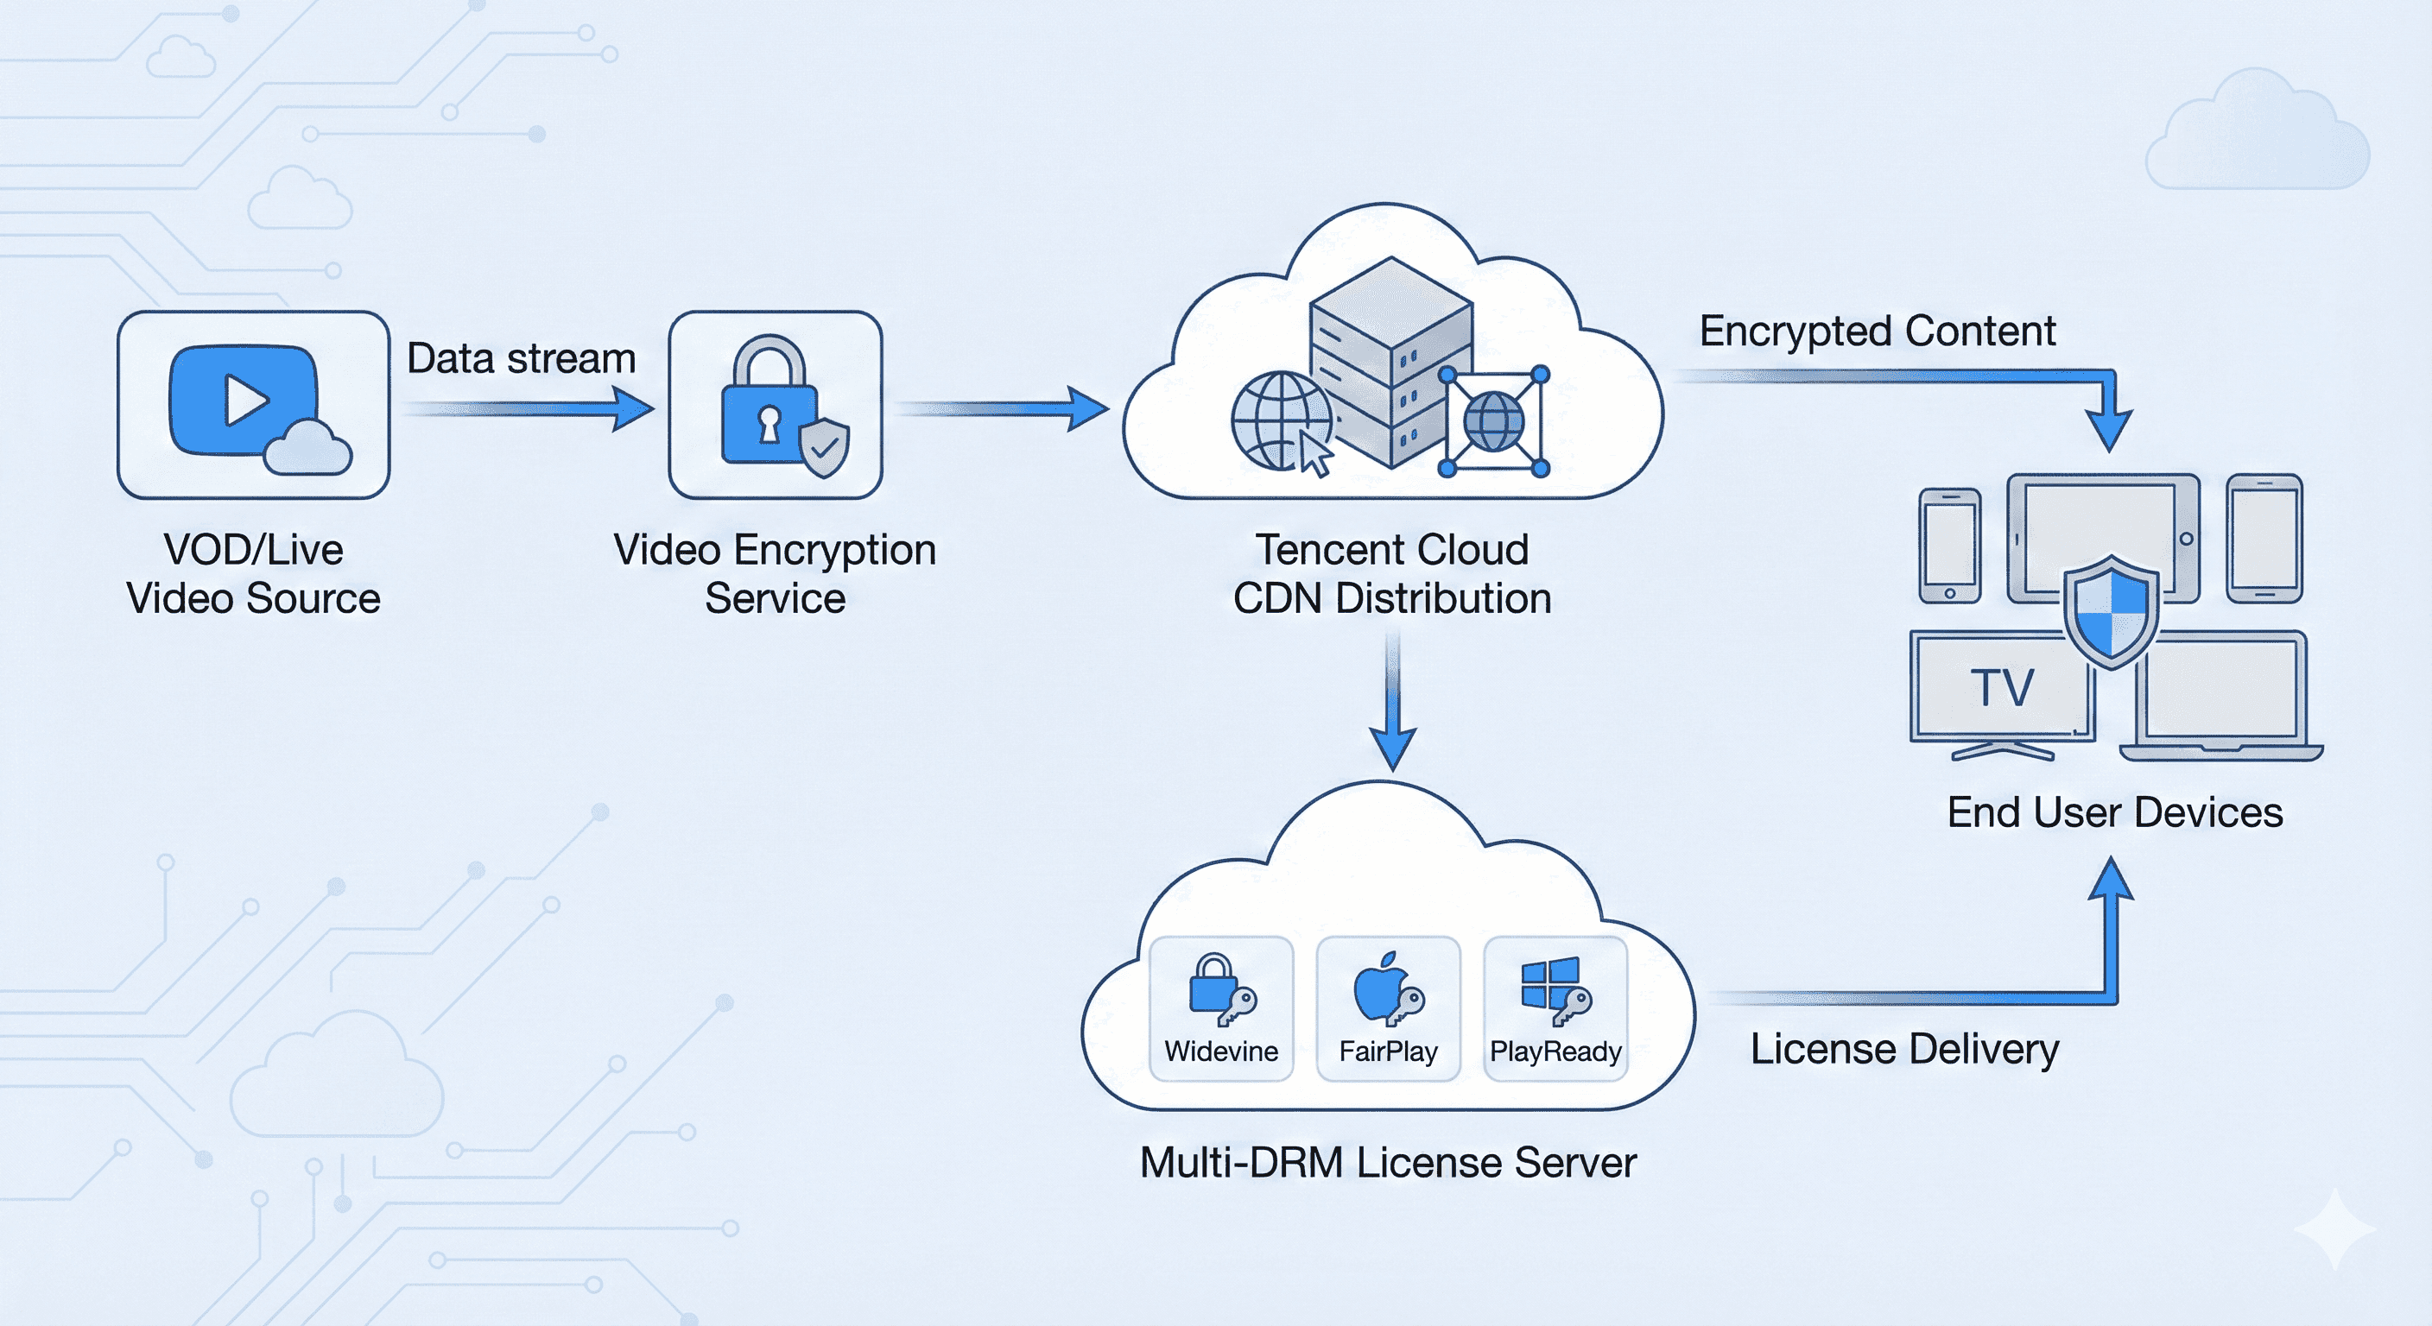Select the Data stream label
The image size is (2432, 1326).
click(521, 358)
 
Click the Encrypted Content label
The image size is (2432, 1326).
click(1877, 331)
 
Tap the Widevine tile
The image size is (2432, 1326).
click(1220, 1008)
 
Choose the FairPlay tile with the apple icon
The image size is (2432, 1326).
click(1388, 1008)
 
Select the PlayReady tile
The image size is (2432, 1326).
click(1555, 1008)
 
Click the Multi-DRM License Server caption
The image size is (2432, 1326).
click(1388, 1163)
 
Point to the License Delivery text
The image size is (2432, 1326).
click(1904, 1049)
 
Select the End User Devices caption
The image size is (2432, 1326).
click(2115, 812)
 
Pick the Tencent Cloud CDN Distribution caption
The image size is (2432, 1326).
click(1392, 574)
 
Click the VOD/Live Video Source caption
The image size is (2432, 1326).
click(253, 574)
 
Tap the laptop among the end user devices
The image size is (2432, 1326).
click(2220, 698)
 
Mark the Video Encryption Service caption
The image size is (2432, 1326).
click(775, 574)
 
